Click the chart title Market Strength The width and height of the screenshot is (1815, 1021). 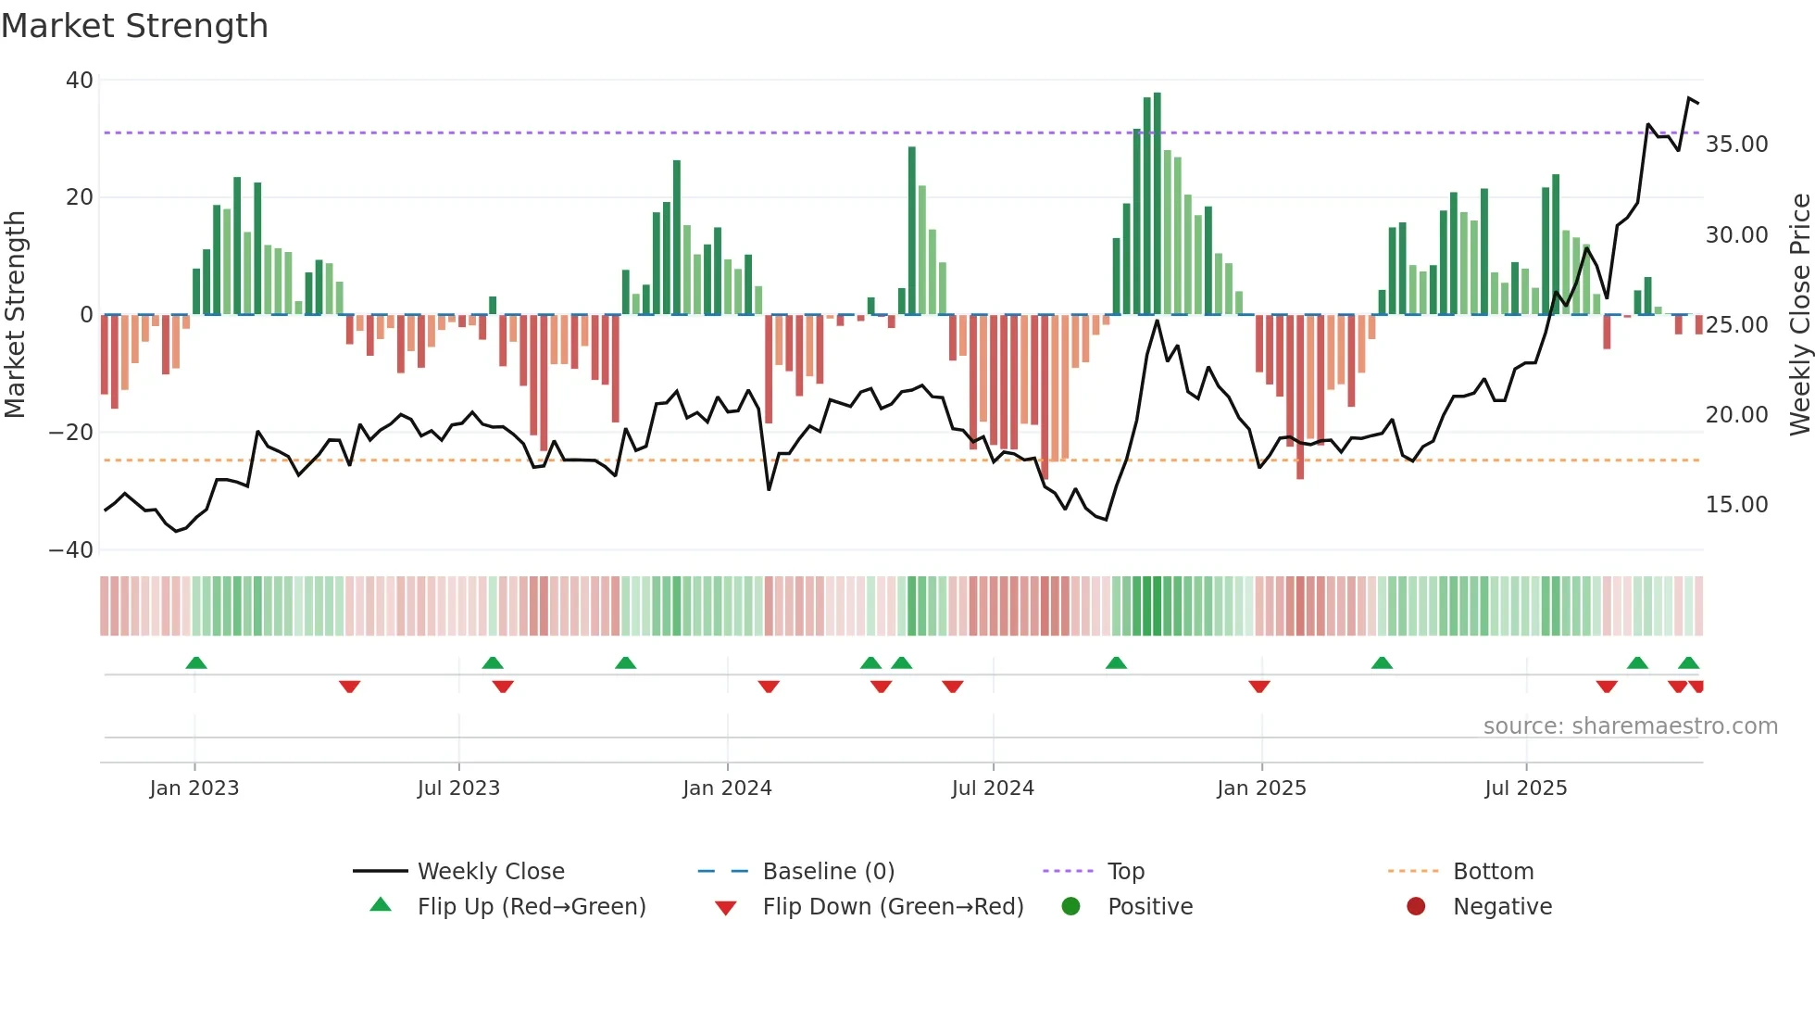point(134,26)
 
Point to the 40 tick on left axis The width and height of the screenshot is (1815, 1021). point(80,81)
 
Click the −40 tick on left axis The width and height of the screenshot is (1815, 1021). point(72,550)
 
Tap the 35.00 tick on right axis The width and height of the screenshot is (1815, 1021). point(1736,145)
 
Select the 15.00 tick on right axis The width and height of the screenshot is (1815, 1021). point(1736,505)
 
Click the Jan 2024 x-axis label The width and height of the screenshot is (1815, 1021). point(727,788)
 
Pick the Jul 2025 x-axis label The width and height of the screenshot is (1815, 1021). point(1525,788)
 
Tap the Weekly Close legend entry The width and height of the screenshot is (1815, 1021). point(490,872)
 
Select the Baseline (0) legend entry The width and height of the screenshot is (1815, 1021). point(828,872)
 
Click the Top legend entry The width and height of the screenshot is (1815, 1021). point(1126,872)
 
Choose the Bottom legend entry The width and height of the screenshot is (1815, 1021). point(1493,872)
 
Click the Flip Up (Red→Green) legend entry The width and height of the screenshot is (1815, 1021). point(531,907)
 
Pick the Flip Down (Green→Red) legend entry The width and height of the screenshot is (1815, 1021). point(893,907)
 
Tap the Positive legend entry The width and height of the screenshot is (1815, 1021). point(1149,907)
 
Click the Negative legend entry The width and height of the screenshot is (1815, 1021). point(1502,907)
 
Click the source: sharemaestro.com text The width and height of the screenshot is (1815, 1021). point(1630,726)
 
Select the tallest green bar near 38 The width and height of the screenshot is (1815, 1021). point(1157,204)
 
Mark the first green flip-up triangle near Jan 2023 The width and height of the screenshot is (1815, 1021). point(195,662)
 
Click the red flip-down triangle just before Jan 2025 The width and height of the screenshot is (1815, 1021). point(1258,687)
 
